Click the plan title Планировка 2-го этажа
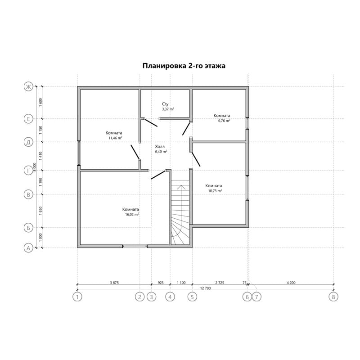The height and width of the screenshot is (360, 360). [x=184, y=66]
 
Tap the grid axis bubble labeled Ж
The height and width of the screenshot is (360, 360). [x=28, y=87]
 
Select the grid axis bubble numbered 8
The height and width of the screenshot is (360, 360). [x=333, y=297]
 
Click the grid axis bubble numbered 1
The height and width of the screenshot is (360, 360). [x=77, y=297]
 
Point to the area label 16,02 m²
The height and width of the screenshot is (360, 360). [x=132, y=215]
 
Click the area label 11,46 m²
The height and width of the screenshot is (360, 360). [x=115, y=138]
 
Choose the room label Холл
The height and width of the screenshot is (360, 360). [x=160, y=147]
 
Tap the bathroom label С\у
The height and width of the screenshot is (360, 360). [x=165, y=104]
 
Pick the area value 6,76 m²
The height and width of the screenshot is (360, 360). [x=224, y=121]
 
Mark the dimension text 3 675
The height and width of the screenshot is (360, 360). [x=114, y=283]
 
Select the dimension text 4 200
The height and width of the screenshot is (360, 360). [x=291, y=283]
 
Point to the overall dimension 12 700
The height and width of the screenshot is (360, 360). [x=206, y=288]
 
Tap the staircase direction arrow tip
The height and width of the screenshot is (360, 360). [x=181, y=185]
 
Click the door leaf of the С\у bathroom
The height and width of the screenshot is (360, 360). [x=151, y=122]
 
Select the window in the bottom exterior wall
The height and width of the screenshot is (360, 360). [x=135, y=246]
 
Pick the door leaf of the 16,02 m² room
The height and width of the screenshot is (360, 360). [x=158, y=175]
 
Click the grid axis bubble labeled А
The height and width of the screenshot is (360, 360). [x=28, y=248]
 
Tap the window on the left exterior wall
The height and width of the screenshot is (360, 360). [x=79, y=153]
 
